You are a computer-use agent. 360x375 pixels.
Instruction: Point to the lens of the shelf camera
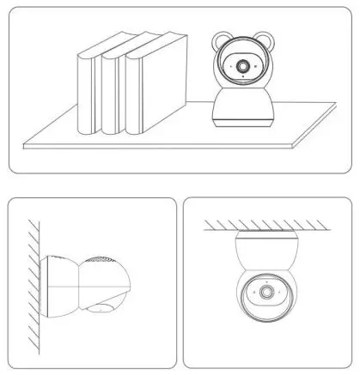click(x=245, y=66)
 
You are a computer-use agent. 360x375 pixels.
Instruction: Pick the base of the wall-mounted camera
click(x=58, y=283)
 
